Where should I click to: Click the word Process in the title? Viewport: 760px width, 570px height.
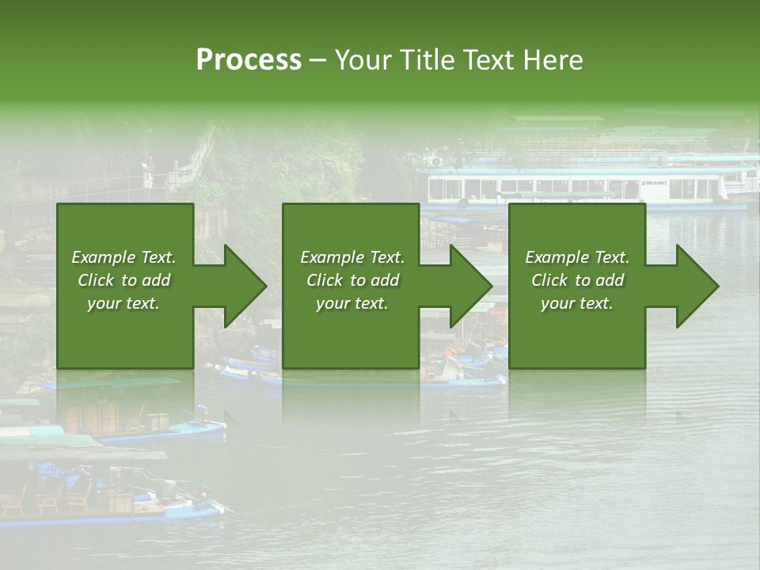249,60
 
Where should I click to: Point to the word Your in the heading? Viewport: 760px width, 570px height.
362,60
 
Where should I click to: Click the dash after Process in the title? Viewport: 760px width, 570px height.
317,61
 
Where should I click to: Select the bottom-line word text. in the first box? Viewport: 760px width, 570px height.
142,303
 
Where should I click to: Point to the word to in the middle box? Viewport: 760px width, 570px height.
357,280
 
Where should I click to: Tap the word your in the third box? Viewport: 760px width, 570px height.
559,303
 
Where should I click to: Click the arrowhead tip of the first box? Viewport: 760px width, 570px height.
265,286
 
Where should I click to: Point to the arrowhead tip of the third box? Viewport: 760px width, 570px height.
717,286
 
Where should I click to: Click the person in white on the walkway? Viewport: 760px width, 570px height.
148,175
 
